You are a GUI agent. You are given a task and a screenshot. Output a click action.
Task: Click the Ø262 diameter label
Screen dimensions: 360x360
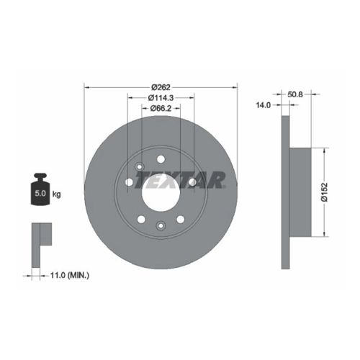click(161, 87)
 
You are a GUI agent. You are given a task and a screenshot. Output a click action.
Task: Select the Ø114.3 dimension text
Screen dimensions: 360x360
click(161, 98)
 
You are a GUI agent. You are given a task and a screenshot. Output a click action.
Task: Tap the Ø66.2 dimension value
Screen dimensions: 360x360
click(161, 109)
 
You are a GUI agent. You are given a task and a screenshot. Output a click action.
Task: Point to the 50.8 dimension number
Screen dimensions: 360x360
click(295, 94)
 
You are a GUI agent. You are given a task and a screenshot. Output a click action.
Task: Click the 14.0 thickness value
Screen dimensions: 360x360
click(264, 105)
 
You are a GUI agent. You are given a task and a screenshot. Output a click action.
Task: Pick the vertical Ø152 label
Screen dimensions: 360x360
click(325, 192)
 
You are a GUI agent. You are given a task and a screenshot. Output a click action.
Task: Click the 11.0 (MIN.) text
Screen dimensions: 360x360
click(70, 275)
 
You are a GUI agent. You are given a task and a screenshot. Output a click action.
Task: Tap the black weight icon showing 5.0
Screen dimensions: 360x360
click(40, 189)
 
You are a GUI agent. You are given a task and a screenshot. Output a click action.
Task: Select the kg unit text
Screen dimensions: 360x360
click(56, 194)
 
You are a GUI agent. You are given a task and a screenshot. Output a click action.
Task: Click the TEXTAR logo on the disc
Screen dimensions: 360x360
click(181, 179)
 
